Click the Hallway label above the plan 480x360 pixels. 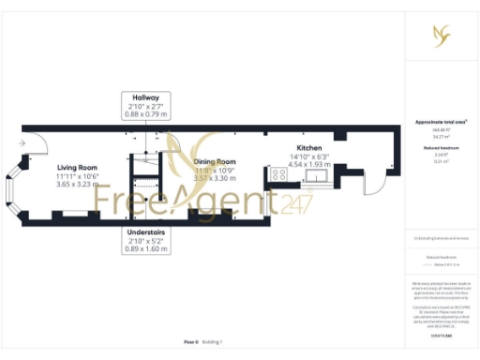(x=145, y=97)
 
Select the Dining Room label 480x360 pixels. (x=214, y=162)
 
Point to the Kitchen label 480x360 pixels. (x=310, y=148)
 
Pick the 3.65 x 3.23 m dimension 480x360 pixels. (x=77, y=185)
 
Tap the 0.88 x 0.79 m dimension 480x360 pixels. (x=145, y=114)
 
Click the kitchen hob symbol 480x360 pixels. (x=279, y=173)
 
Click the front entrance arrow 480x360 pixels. (x=22, y=142)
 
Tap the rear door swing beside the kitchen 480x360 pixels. (x=373, y=180)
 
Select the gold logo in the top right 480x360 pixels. (x=441, y=36)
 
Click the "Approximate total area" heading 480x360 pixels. (x=441, y=122)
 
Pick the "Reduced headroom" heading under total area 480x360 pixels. (x=441, y=147)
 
